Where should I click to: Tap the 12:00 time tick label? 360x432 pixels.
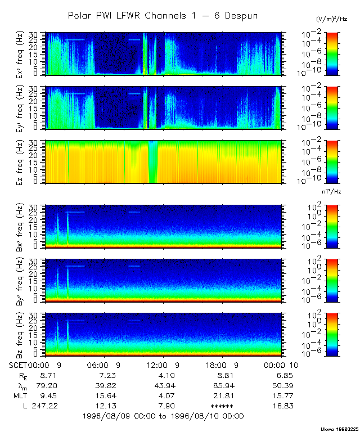pos(160,364)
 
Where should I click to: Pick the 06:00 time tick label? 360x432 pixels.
pos(102,364)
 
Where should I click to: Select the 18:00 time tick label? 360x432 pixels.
pos(219,364)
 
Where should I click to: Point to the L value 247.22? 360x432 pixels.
pos(40,405)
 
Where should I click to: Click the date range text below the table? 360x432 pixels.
pos(163,416)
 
